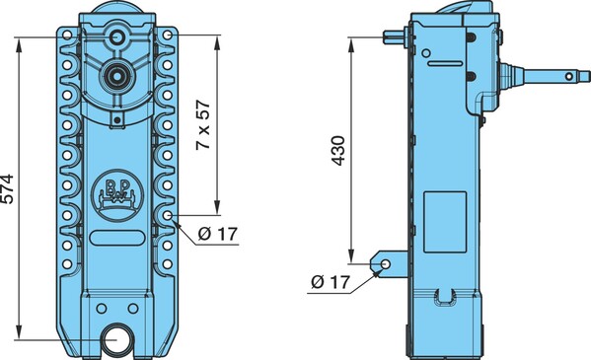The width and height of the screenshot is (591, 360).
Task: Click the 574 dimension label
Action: pos(7,188)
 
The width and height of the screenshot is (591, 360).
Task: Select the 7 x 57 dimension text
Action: pos(203,125)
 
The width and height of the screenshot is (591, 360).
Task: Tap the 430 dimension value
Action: pos(338,151)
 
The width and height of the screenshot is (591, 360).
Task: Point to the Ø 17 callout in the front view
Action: pos(218,234)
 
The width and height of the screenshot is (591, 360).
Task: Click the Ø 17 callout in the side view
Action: pos(331,282)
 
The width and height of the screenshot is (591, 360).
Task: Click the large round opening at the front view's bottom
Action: pos(118,339)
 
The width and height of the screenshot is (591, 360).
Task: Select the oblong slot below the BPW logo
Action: pos(117,239)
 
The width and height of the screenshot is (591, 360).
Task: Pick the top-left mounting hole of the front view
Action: pos(67,36)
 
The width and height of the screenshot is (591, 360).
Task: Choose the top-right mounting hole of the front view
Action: pos(168,36)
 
